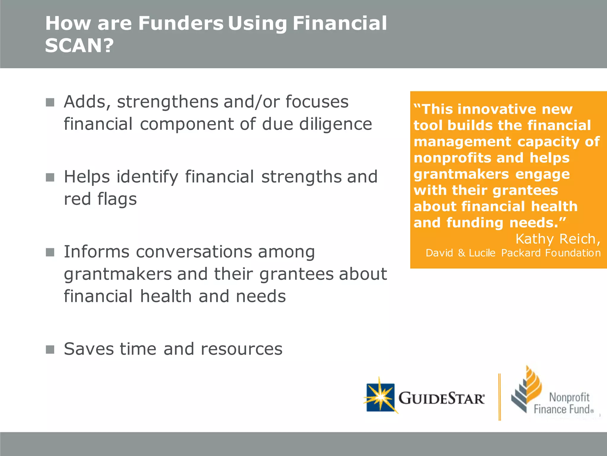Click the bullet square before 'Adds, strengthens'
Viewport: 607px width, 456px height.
click(x=50, y=102)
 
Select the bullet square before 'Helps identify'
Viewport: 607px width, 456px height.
click(x=50, y=178)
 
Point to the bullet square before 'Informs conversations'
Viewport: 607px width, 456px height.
click(x=50, y=252)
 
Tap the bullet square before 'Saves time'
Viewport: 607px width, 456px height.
click(x=50, y=349)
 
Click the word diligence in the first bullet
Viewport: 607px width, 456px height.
click(x=336, y=124)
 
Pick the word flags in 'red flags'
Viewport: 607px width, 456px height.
click(x=117, y=199)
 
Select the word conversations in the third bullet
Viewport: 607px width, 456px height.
click(x=194, y=252)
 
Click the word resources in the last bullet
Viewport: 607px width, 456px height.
click(x=242, y=349)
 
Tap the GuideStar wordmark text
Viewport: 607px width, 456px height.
click(x=441, y=398)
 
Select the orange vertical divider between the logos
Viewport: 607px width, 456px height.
click(x=500, y=397)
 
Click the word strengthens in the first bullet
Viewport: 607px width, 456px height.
click(x=167, y=102)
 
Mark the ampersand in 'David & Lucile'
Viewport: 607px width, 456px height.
click(x=461, y=253)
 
